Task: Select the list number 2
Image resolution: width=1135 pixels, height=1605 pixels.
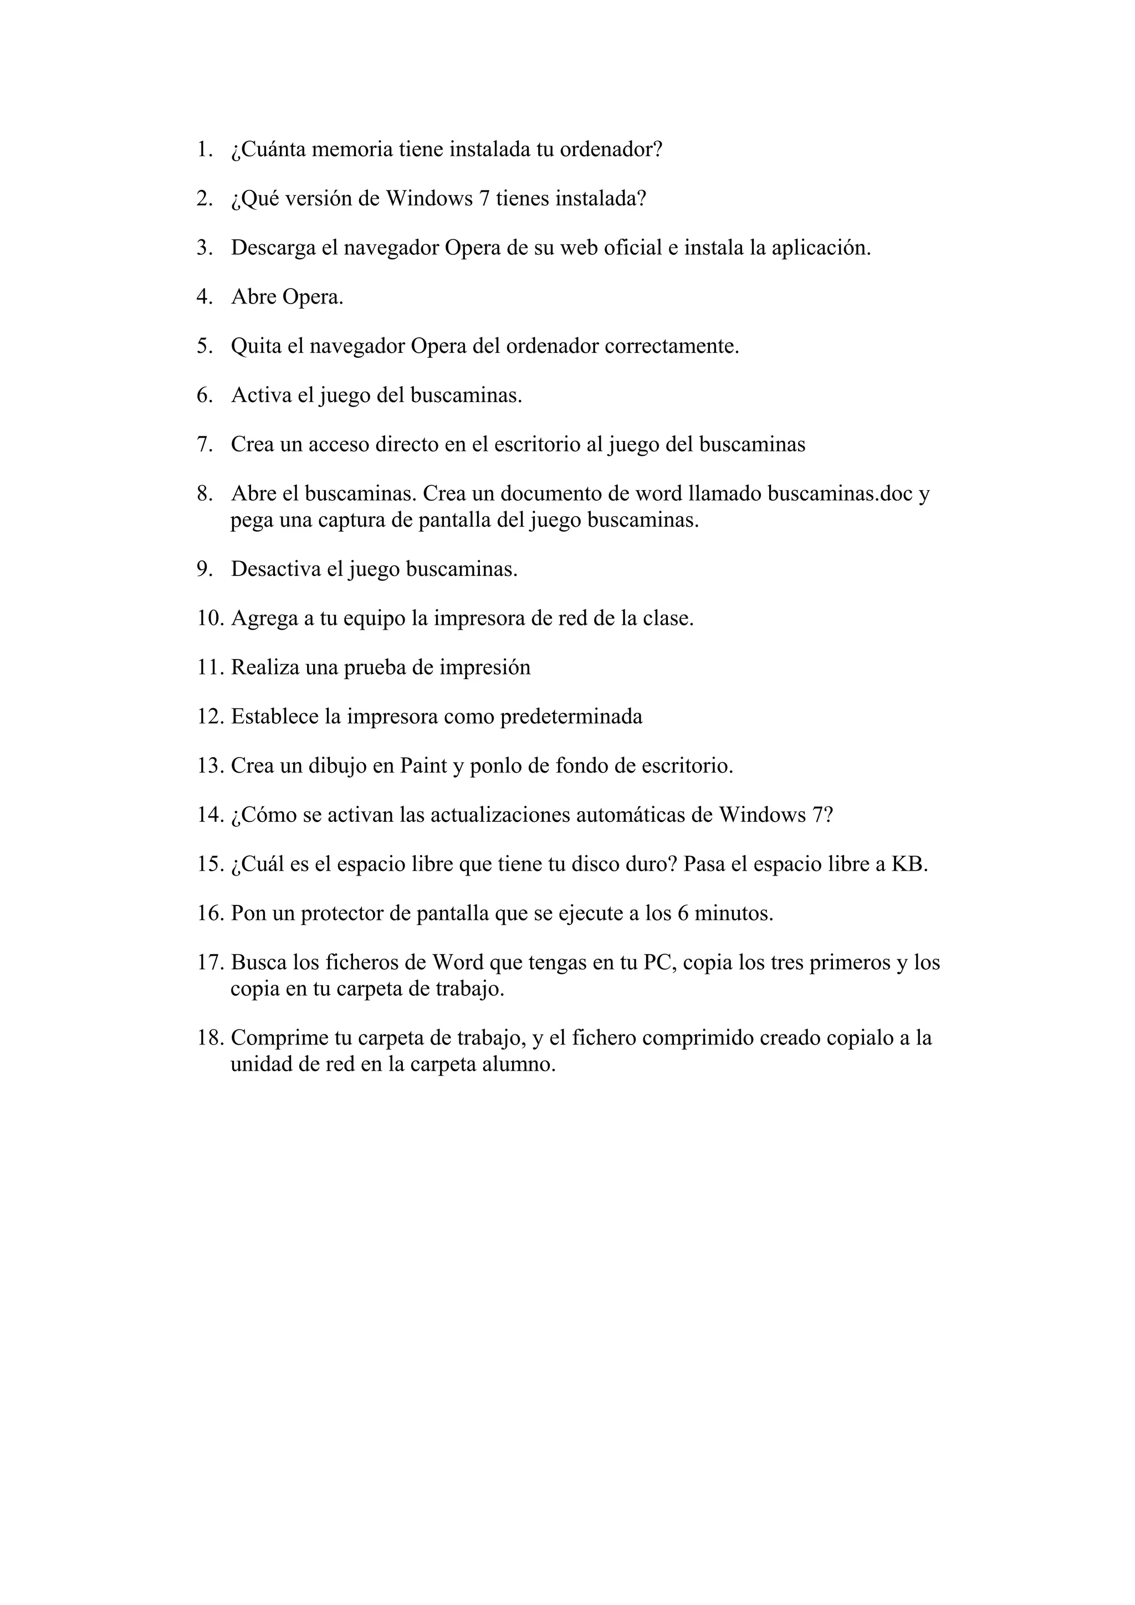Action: (203, 199)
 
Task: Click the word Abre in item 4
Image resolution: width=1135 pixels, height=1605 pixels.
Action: (254, 297)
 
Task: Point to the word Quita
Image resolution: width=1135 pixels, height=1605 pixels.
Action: (255, 346)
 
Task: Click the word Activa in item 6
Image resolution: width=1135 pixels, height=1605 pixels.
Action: (262, 395)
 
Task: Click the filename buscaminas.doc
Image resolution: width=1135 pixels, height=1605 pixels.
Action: (840, 493)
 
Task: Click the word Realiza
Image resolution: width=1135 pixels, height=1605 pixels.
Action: (265, 667)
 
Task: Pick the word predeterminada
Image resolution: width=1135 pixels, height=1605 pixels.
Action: (571, 717)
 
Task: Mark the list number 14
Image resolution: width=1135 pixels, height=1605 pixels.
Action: (209, 815)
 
